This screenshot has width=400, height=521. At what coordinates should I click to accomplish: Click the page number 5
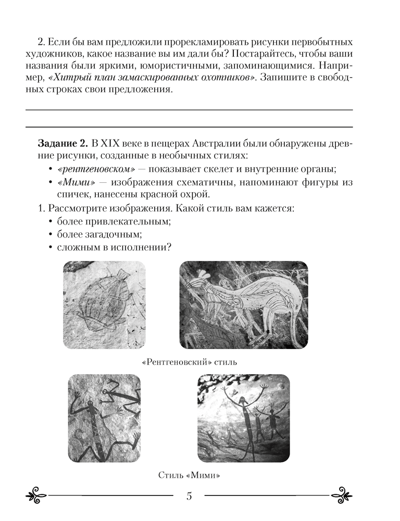[189, 495]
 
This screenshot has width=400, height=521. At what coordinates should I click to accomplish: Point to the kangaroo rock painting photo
[244, 305]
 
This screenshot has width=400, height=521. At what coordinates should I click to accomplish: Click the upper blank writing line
[189, 110]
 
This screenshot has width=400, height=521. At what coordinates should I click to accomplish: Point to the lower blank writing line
[189, 127]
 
